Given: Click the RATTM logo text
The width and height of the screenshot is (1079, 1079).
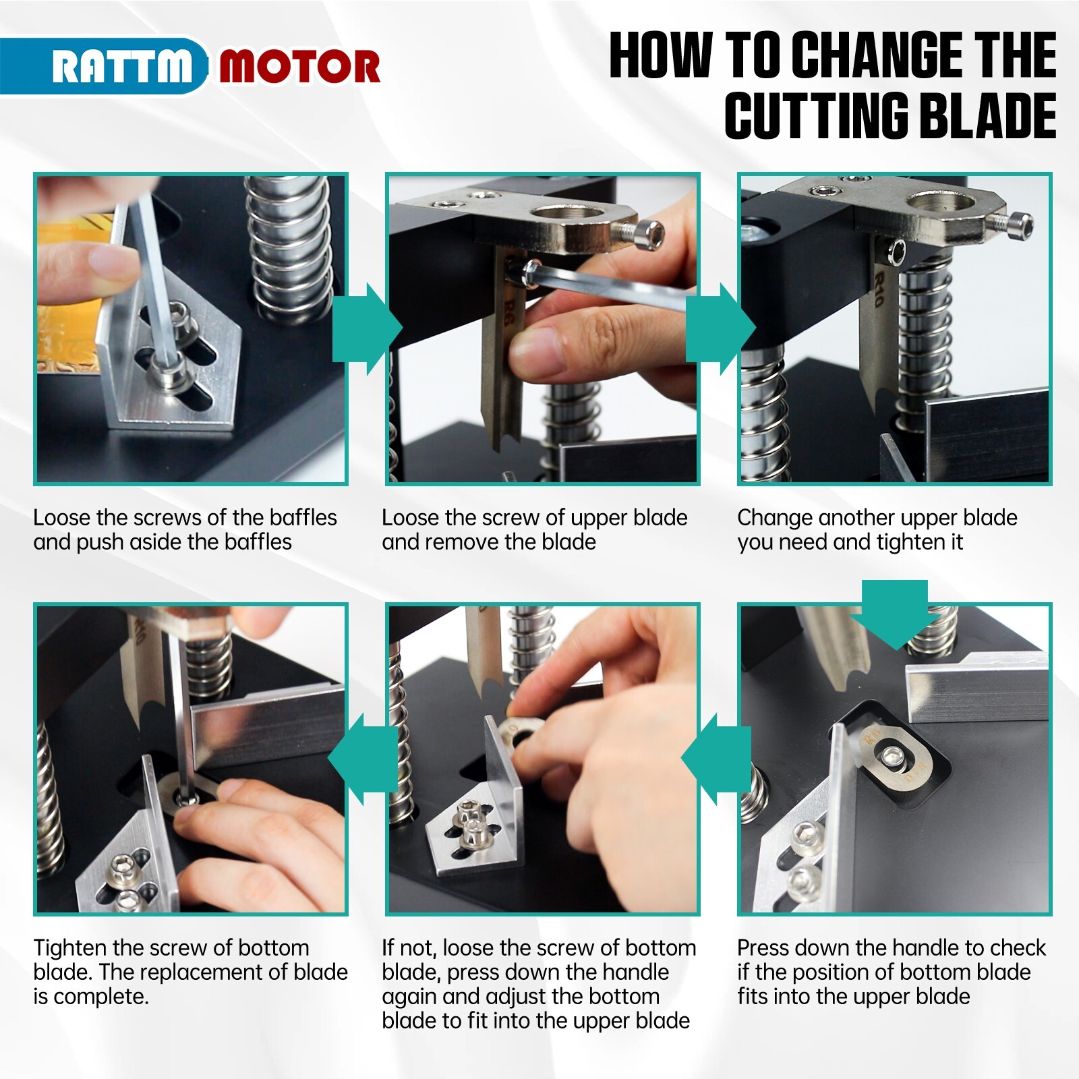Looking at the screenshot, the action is (x=121, y=67).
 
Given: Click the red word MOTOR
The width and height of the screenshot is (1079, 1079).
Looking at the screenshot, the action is (x=299, y=67).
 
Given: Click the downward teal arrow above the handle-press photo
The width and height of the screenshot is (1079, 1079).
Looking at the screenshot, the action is (x=894, y=614).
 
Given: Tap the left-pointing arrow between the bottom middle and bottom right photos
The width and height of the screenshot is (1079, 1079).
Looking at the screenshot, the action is (x=716, y=760).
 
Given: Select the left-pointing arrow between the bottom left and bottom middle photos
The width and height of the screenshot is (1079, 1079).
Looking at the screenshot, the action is (x=363, y=760).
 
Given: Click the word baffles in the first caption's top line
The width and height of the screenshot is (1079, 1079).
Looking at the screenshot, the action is (x=303, y=517).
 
